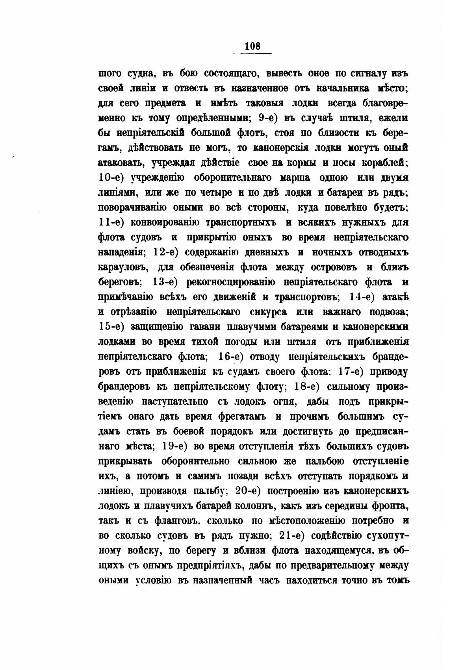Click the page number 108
(252, 46)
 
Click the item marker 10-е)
(111, 178)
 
